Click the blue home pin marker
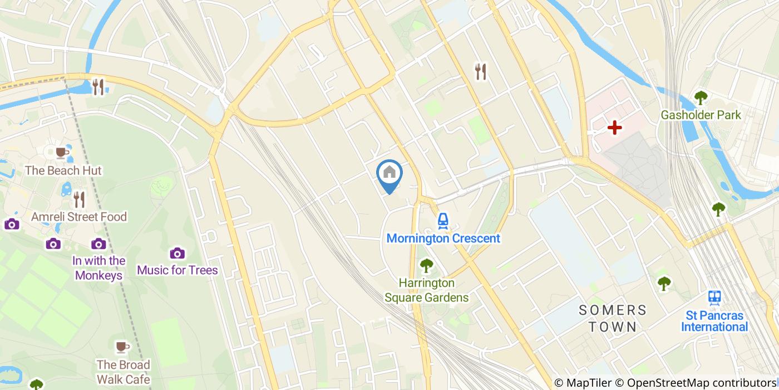[x=389, y=174]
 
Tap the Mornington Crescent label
[x=443, y=238]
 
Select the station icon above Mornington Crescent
[x=443, y=221]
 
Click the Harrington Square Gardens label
[x=426, y=290]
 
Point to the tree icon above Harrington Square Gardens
[x=426, y=266]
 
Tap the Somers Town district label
[x=612, y=318]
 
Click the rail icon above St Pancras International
[x=714, y=297]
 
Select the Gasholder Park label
[x=701, y=115]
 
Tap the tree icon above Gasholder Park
[x=701, y=97]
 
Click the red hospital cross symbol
[x=614, y=128]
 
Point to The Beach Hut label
[x=63, y=170]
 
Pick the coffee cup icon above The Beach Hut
[x=62, y=152]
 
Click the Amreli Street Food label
[x=79, y=217]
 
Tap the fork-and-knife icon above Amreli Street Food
[x=79, y=199]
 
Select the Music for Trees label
[x=178, y=270]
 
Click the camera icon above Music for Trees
[x=178, y=253]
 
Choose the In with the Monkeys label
[x=98, y=268]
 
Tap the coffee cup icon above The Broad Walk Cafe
[x=122, y=348]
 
